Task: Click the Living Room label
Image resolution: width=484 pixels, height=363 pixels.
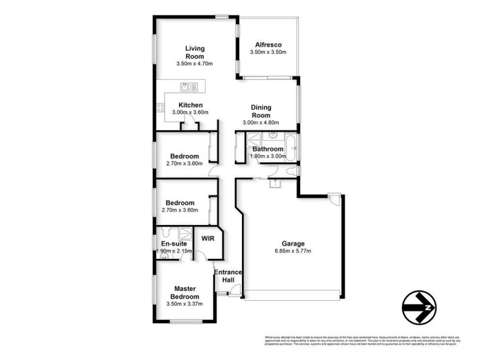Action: click(x=194, y=52)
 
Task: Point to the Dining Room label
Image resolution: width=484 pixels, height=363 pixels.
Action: click(x=261, y=111)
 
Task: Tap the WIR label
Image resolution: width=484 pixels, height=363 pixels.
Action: click(x=208, y=238)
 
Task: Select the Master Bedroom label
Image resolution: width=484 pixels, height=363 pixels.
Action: click(x=184, y=292)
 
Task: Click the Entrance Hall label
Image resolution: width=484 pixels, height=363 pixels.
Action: click(x=228, y=276)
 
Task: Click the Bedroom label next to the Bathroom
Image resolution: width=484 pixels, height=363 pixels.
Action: click(x=184, y=156)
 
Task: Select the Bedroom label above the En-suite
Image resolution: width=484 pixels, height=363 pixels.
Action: click(x=180, y=203)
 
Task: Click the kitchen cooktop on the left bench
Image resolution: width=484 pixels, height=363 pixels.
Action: click(x=160, y=109)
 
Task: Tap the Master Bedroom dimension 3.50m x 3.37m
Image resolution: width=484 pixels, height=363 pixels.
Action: click(x=184, y=304)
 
